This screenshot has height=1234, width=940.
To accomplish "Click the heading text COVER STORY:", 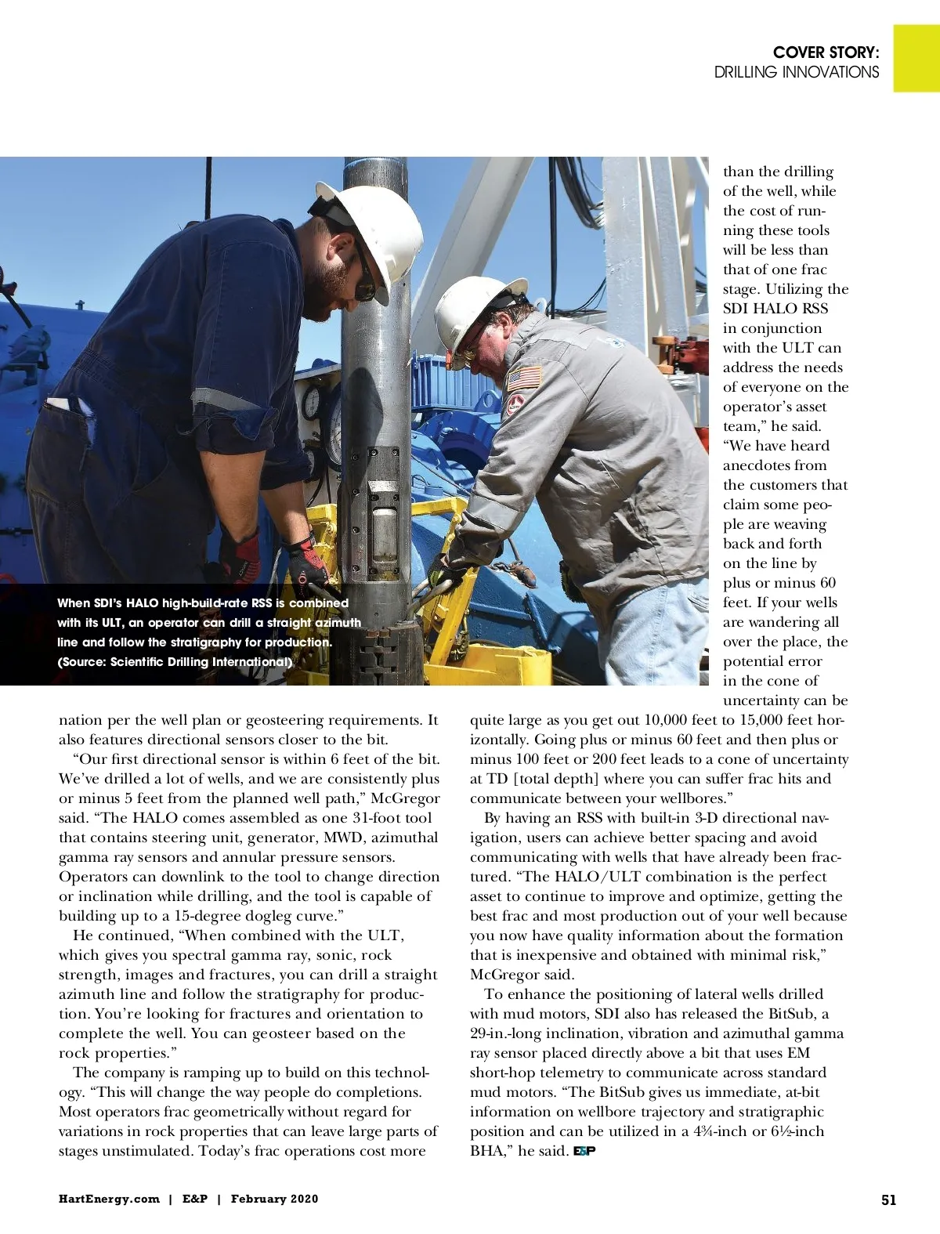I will tap(826, 52).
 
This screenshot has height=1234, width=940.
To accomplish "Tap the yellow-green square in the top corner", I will tap(916, 58).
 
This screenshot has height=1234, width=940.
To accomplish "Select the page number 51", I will tap(888, 1200).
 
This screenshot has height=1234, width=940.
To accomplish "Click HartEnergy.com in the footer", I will tap(109, 1199).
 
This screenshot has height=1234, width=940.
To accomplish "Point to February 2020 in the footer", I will tap(274, 1199).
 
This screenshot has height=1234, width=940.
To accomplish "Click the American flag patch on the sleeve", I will tap(524, 379).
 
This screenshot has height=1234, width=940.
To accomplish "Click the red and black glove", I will tap(308, 558).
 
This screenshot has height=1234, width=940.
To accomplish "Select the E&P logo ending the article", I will tap(584, 1151).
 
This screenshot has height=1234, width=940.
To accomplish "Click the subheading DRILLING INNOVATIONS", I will tap(796, 72).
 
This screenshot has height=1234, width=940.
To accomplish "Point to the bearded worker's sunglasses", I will tap(364, 282).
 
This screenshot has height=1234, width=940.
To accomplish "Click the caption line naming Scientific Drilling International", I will tap(175, 662).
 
